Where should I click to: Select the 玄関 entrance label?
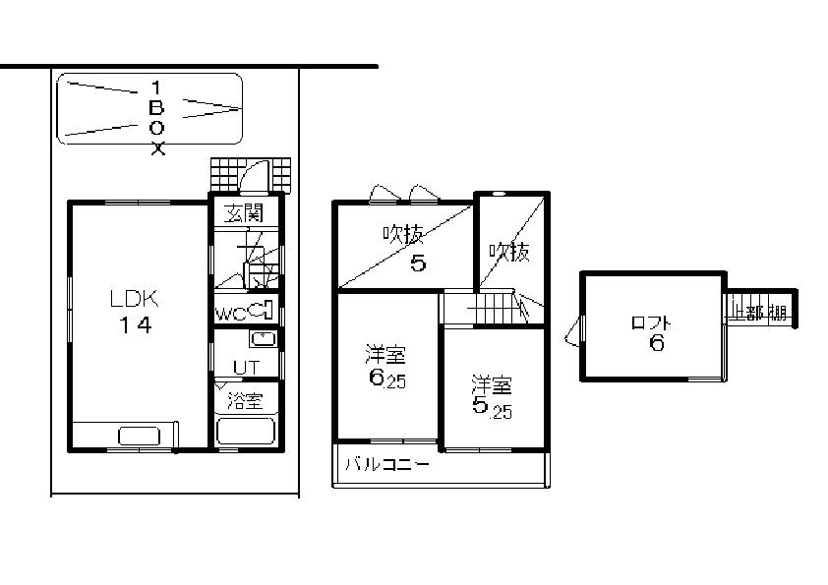(245, 213)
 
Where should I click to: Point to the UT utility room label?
(245, 368)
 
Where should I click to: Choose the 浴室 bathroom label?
(245, 400)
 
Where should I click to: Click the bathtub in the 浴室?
(246, 432)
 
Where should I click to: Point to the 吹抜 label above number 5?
(403, 235)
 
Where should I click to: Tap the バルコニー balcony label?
(385, 466)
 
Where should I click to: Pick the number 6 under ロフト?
(655, 343)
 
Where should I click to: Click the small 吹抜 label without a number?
(509, 252)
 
